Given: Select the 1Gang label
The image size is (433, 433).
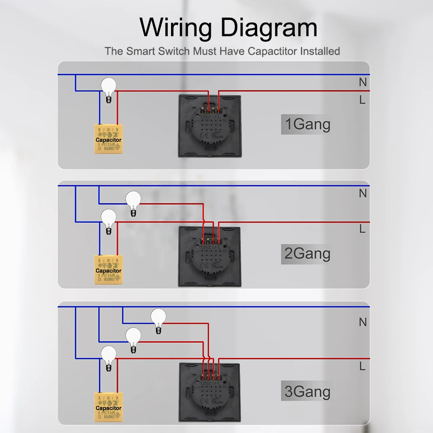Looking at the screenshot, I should click(x=307, y=125).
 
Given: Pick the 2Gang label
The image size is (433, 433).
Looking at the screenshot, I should click(x=307, y=254).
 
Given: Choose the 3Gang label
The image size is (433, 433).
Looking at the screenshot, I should click(x=307, y=392).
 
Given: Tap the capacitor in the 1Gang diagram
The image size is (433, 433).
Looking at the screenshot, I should click(x=108, y=139).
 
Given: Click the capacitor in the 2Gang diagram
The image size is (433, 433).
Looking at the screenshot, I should click(x=108, y=270).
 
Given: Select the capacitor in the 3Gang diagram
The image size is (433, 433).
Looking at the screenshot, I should click(x=108, y=407).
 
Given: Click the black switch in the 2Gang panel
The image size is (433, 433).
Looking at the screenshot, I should click(x=210, y=256).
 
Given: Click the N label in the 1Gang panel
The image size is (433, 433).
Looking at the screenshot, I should click(x=363, y=81).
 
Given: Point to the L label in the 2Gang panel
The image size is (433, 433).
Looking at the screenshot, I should click(x=362, y=229).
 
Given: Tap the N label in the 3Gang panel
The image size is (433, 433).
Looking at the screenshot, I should click(x=363, y=322).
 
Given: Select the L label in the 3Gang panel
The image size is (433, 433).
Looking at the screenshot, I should click(x=362, y=366).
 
